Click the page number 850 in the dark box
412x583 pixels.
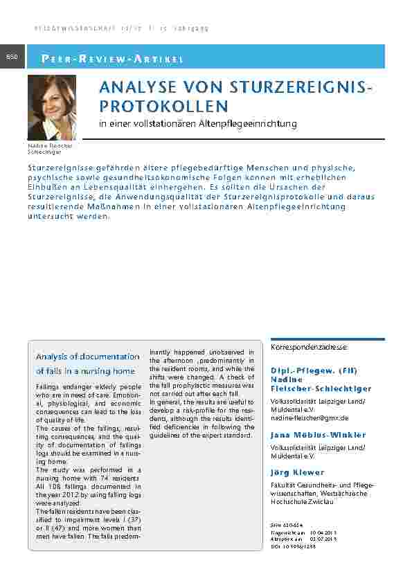13,56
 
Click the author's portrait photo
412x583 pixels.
52,107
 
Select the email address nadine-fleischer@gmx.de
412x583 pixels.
310,418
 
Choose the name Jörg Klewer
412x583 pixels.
297,472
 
